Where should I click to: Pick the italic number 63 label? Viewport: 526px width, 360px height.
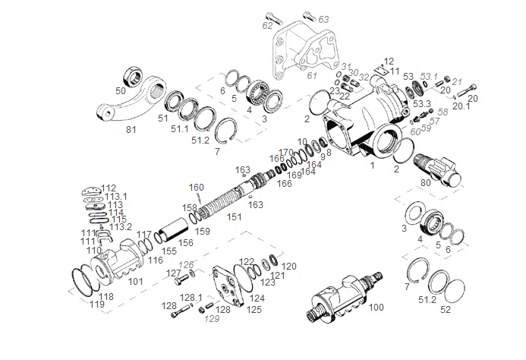(x=323, y=18)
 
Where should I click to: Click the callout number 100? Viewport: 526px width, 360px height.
(x=376, y=308)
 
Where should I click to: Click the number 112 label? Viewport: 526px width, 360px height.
(x=109, y=188)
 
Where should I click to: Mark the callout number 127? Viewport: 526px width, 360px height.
(x=174, y=273)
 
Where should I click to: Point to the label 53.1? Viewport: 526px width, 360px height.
(x=430, y=76)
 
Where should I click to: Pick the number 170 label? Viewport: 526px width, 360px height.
(x=285, y=153)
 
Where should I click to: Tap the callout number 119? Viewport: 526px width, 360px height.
(x=97, y=305)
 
